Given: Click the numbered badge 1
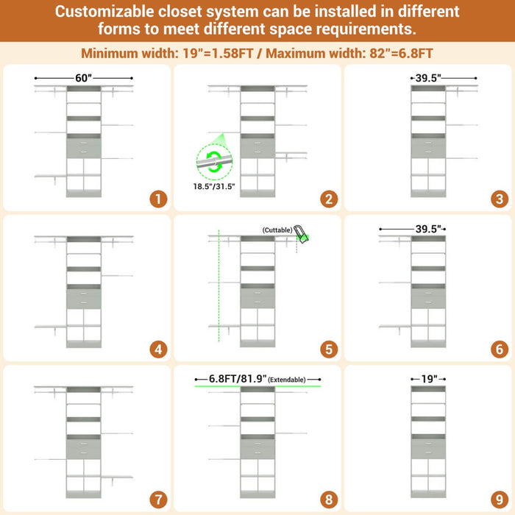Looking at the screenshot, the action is [x=158, y=199].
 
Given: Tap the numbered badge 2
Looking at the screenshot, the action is [x=329, y=199].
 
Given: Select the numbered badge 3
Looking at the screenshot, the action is [x=500, y=199].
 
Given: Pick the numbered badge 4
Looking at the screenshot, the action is [x=158, y=349].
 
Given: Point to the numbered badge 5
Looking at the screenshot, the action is [x=329, y=349].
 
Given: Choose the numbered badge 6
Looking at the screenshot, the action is [x=500, y=349].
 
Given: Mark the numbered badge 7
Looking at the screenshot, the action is [x=158, y=500].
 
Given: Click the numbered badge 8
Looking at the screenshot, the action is [x=329, y=500].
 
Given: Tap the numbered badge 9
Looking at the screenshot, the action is [x=500, y=500].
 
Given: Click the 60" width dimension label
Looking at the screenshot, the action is [x=83, y=78].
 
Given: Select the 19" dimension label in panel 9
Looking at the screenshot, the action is [x=429, y=379].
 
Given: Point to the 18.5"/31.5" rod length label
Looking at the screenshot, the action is [x=214, y=187].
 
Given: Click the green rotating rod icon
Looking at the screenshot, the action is [x=214, y=162].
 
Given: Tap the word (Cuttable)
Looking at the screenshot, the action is [x=277, y=230].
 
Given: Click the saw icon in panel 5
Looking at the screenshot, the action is [x=301, y=234].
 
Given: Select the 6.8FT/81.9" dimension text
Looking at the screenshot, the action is [x=238, y=379].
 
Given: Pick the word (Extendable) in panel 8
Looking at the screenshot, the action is [x=287, y=380].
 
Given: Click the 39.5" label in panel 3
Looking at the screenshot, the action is [x=428, y=78].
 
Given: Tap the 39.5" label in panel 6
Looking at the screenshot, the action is [x=428, y=229].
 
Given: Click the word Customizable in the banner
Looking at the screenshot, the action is [x=104, y=12].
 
